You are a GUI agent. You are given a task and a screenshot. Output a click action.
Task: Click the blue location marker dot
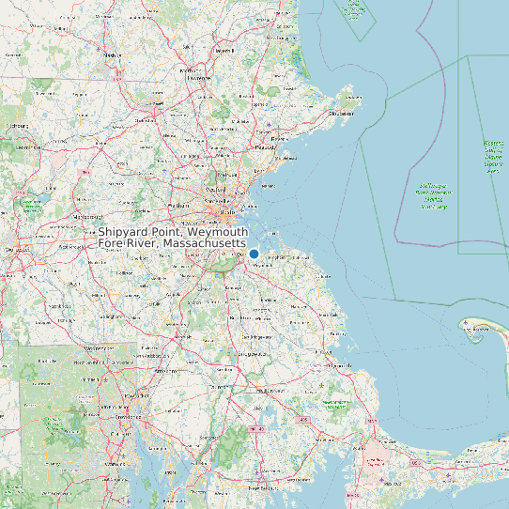click(x=254, y=254)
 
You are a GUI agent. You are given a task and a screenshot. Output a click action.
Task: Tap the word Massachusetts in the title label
click(x=206, y=244)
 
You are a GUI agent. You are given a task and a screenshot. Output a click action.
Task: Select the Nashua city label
click(x=113, y=55)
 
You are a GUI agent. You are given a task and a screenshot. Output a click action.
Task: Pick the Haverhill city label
click(x=224, y=51)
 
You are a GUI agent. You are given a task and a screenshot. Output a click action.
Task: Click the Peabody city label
click(x=264, y=147)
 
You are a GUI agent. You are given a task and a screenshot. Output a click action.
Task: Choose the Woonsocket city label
click(x=95, y=349)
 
